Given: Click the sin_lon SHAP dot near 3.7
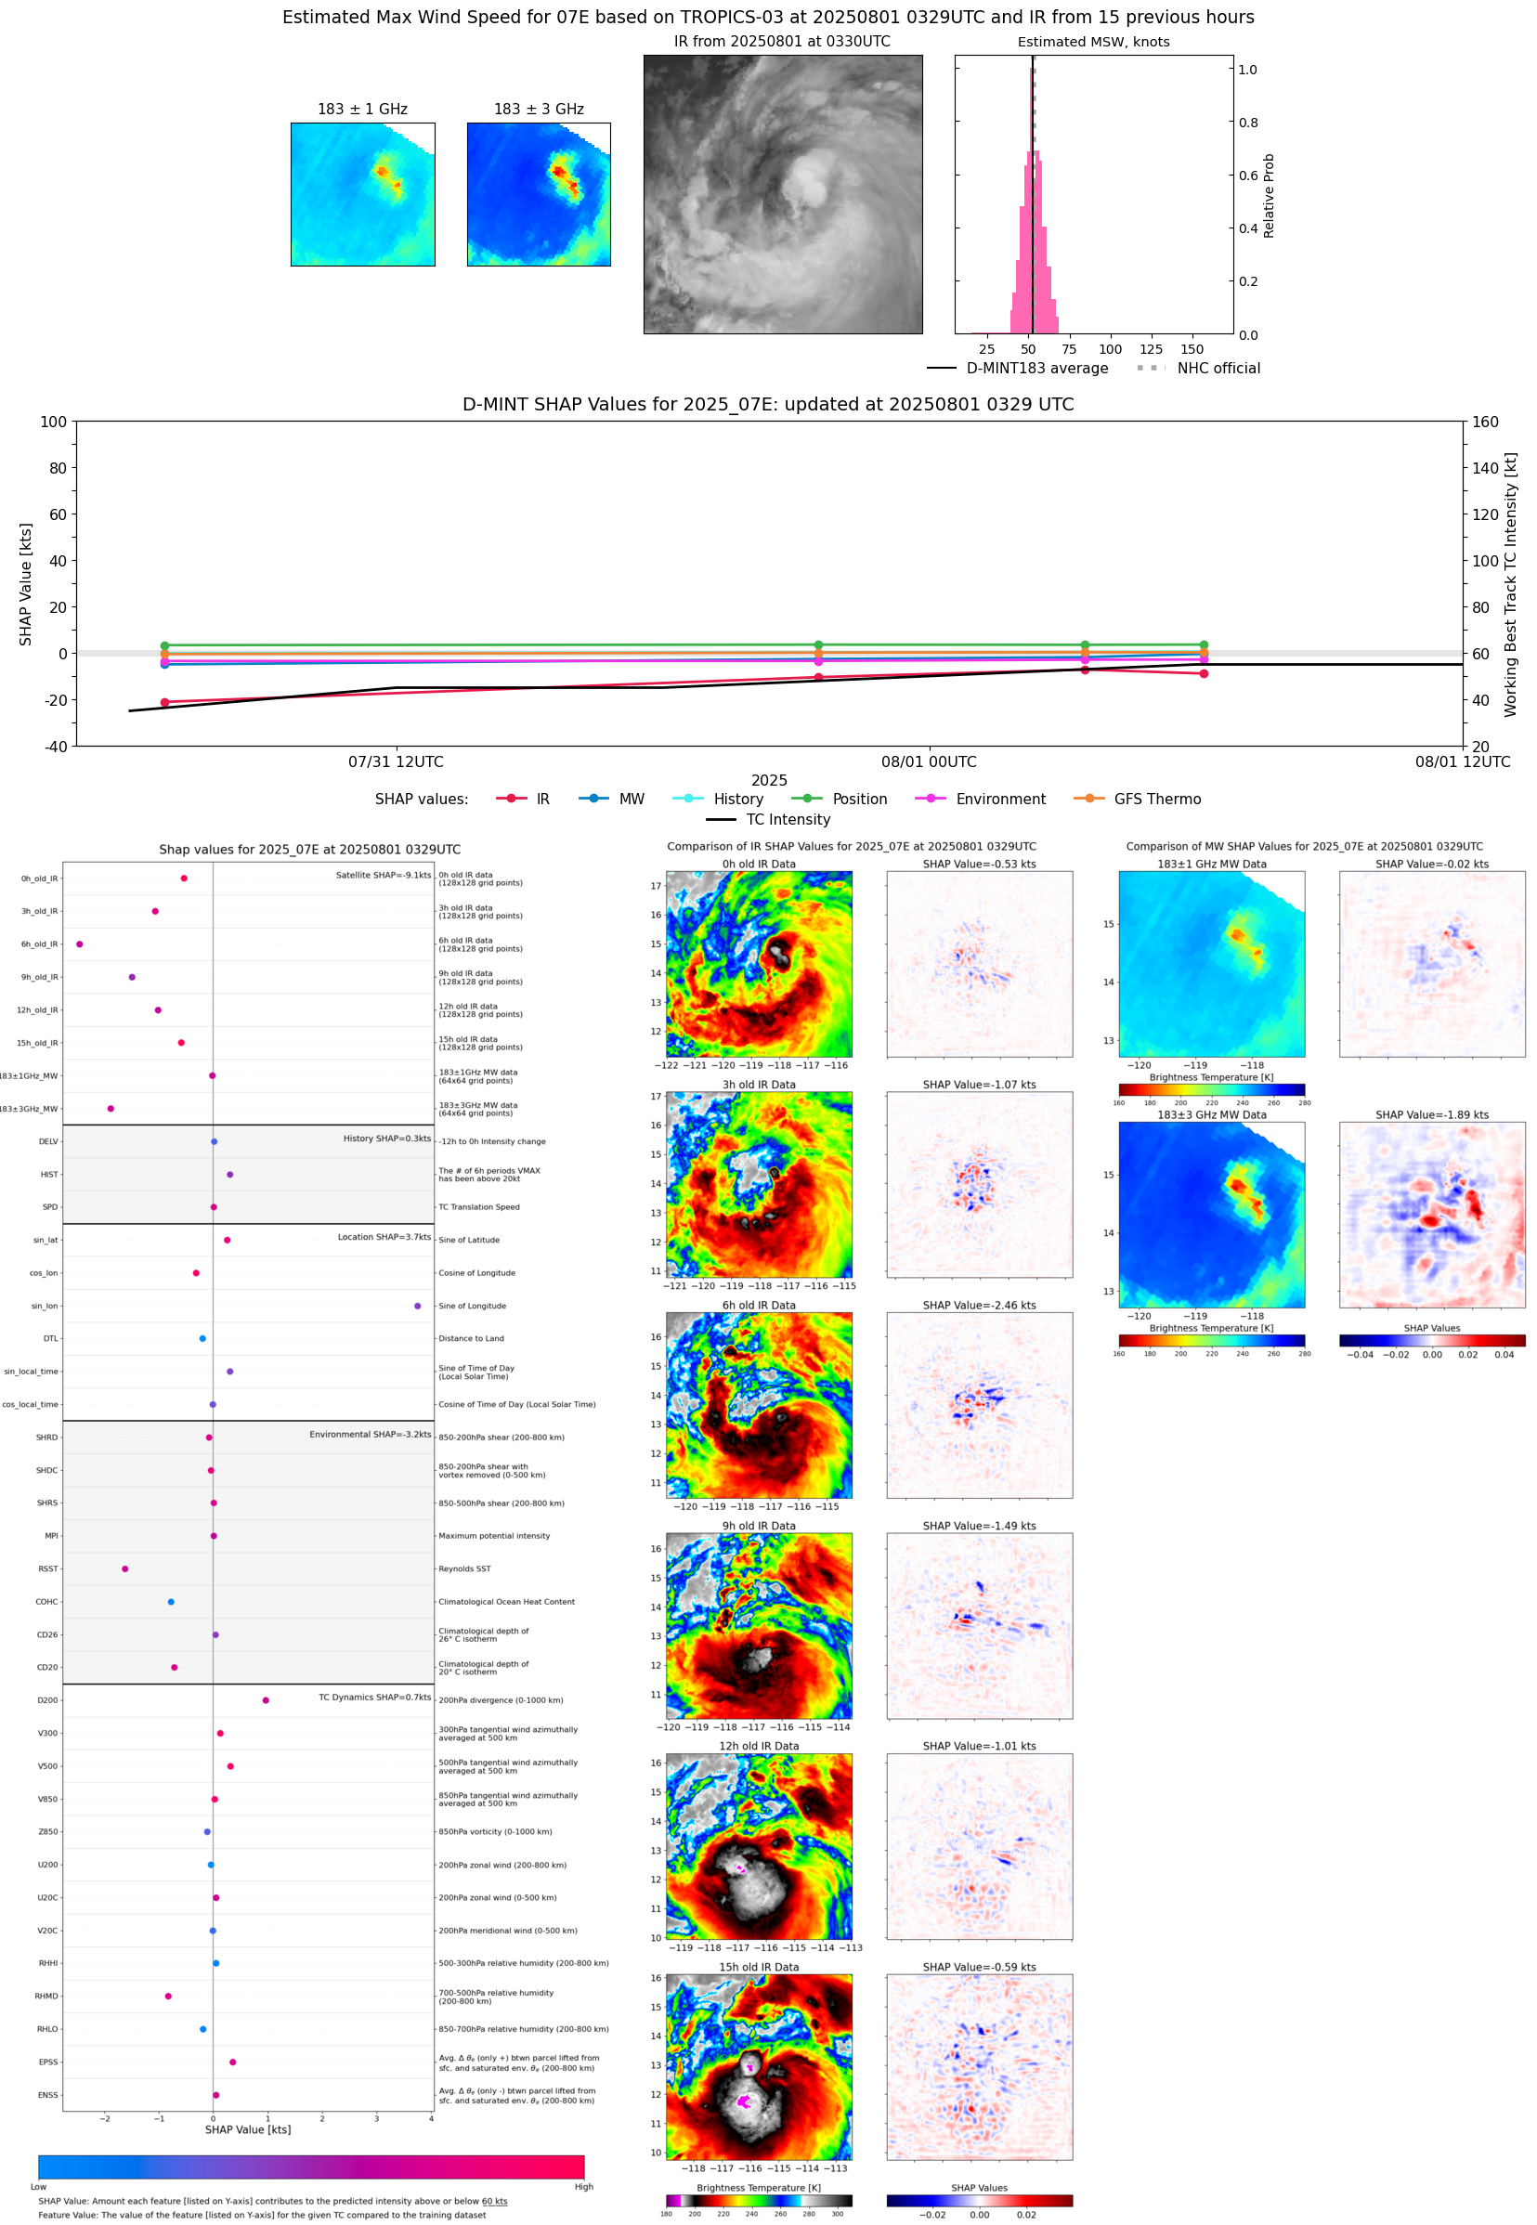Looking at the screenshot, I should pyautogui.click(x=417, y=1306).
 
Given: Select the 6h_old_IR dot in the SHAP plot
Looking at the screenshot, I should pyautogui.click(x=80, y=943).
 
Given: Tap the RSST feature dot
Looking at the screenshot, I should pyautogui.click(x=125, y=1568).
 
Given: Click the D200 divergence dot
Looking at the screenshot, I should pyautogui.click(x=266, y=1700).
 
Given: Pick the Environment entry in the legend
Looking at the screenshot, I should pyautogui.click(x=999, y=800).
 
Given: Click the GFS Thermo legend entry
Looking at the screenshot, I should pyautogui.click(x=1156, y=800).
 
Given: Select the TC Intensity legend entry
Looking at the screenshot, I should pyautogui.click(x=787, y=819).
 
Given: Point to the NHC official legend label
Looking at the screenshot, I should pyautogui.click(x=1218, y=368).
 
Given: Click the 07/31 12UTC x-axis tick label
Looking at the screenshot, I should pyautogui.click(x=396, y=761).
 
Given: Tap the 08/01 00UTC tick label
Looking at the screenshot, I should pyautogui.click(x=929, y=761).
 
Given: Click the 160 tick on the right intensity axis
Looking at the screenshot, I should pyautogui.click(x=1485, y=422).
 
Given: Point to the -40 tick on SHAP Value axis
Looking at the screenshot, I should pyautogui.click(x=55, y=747).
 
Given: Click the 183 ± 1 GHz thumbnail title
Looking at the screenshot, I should pyautogui.click(x=362, y=109).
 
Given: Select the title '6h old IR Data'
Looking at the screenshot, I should pyautogui.click(x=759, y=1306).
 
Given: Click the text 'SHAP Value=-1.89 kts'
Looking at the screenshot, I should pyautogui.click(x=1431, y=1115).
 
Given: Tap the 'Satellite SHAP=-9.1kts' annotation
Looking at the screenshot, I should pyautogui.click(x=383, y=875).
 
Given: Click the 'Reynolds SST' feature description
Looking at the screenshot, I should pyautogui.click(x=464, y=1568).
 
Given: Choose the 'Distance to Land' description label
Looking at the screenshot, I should pyautogui.click(x=471, y=1338).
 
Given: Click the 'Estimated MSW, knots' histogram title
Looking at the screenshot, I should pyautogui.click(x=1093, y=42).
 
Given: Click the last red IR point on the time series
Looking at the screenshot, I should pyautogui.click(x=1204, y=674).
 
